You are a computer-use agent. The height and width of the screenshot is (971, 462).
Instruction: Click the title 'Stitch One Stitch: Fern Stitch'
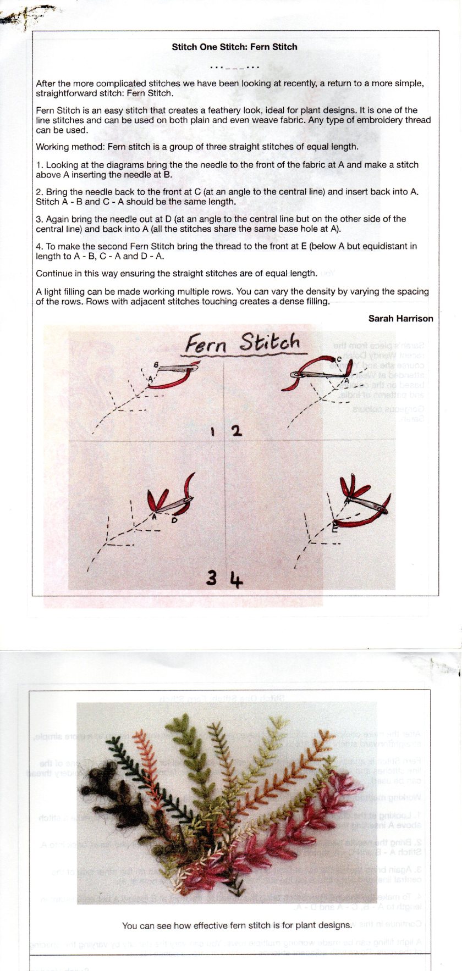click(x=234, y=47)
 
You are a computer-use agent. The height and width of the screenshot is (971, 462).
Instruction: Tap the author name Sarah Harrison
click(x=400, y=319)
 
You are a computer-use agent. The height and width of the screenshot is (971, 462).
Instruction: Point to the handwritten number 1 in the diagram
click(x=213, y=431)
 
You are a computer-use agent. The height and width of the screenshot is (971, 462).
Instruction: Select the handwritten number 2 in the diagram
click(x=237, y=431)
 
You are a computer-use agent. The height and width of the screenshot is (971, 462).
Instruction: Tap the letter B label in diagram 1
click(x=156, y=365)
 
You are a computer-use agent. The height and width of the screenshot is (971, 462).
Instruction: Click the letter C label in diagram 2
click(x=339, y=359)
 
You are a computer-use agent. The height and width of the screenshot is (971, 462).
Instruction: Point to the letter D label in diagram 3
click(x=174, y=520)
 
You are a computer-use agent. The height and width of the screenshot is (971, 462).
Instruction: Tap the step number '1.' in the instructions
click(x=40, y=165)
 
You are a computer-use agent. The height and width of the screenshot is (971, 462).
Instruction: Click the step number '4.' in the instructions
click(x=40, y=246)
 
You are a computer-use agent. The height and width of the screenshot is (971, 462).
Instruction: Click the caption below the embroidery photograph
click(x=237, y=925)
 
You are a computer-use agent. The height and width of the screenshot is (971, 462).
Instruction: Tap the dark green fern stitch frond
click(x=137, y=769)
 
